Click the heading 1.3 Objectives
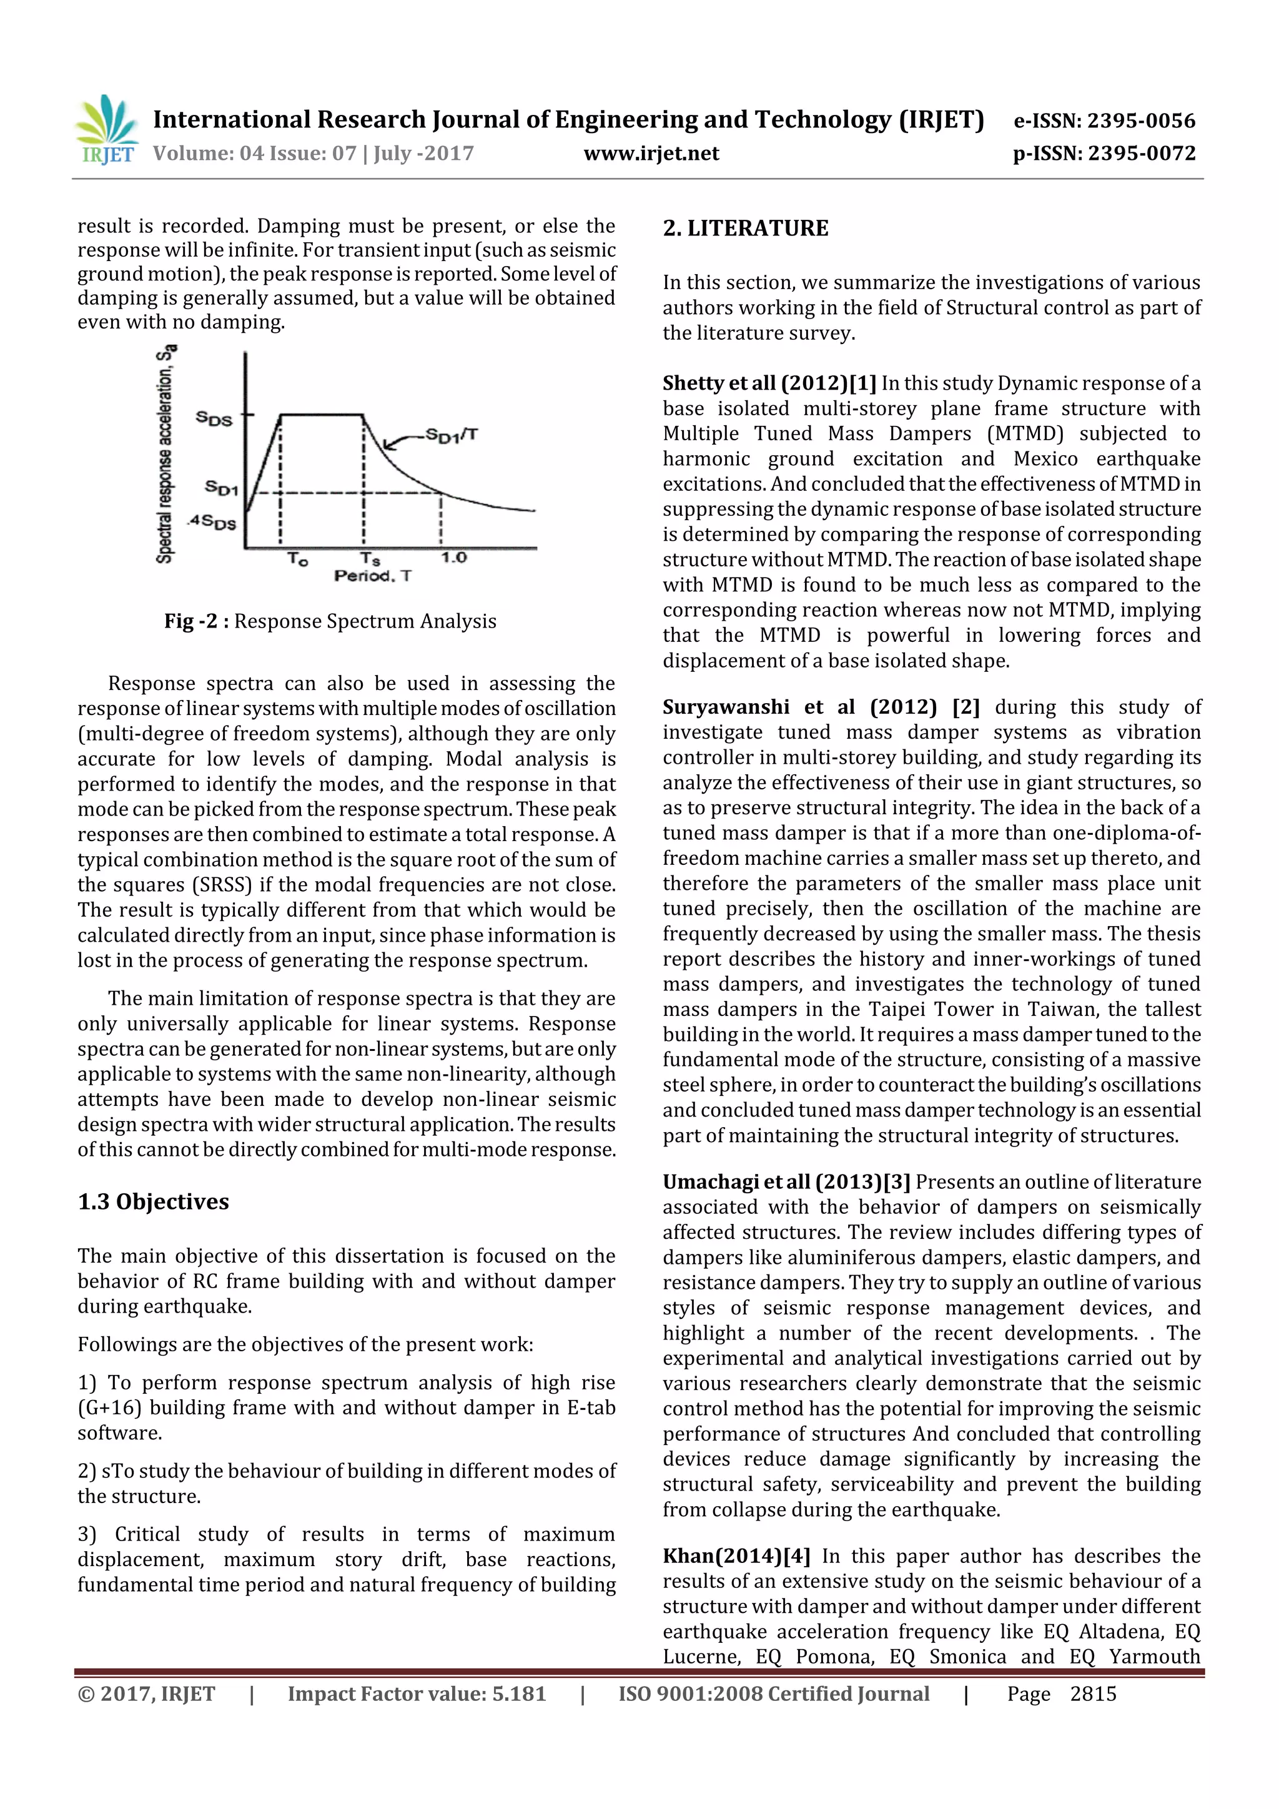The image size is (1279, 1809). point(153,1201)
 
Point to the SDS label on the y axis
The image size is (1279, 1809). point(214,418)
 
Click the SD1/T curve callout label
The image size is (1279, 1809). point(451,434)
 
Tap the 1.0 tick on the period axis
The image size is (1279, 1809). point(453,558)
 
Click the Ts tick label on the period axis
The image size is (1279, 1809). point(370,559)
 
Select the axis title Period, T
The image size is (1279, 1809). point(372,576)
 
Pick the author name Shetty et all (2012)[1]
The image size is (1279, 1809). point(768,383)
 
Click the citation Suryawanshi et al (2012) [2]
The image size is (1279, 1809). point(821,707)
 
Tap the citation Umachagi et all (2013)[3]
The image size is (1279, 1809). point(786,1182)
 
